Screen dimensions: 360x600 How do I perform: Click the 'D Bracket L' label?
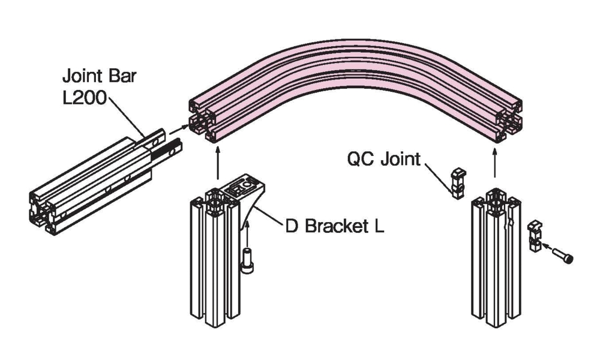click(334, 227)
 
